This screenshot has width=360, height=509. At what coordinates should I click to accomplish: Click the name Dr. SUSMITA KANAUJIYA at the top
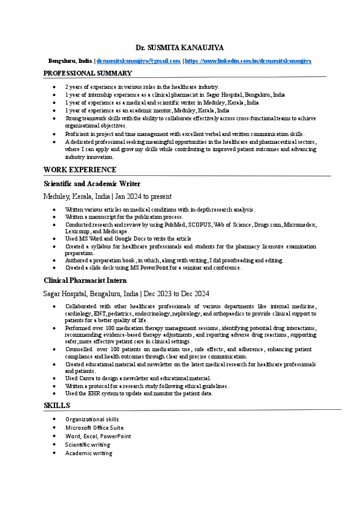(x=180, y=47)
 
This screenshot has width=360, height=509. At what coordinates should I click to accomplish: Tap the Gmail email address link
(x=139, y=61)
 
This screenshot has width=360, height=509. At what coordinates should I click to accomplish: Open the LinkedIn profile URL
(x=249, y=61)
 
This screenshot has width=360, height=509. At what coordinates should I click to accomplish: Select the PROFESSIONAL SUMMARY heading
(x=88, y=73)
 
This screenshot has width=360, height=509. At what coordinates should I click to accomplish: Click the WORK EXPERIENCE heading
(x=80, y=170)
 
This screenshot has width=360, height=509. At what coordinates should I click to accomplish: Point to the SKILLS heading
(x=57, y=405)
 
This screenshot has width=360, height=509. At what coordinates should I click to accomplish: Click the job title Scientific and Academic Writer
(x=92, y=183)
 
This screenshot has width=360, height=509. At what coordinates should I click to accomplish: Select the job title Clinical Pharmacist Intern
(x=85, y=280)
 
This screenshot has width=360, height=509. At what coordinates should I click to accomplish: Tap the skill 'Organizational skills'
(x=92, y=419)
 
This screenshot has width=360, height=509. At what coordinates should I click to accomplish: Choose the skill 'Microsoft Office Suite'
(x=94, y=427)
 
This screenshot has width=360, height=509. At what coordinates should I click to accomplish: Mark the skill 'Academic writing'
(x=89, y=453)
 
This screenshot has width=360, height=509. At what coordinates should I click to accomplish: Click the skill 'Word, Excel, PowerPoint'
(x=98, y=436)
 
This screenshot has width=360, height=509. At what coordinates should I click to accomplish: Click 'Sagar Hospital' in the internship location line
(x=65, y=294)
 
